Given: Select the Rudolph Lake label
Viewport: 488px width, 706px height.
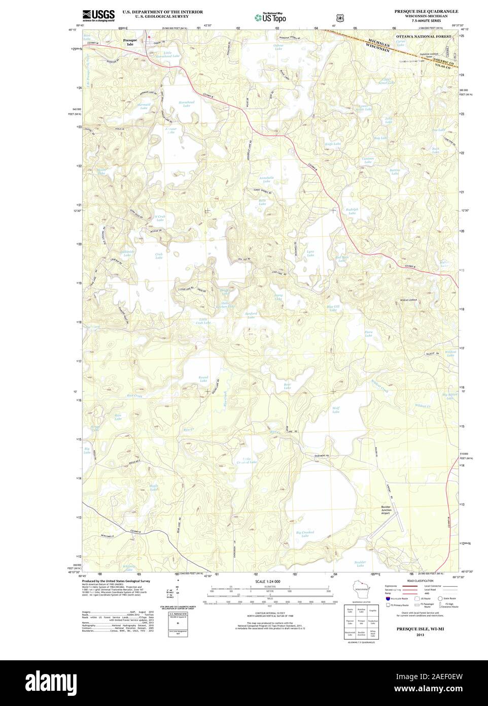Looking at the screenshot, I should pyautogui.click(x=352, y=211).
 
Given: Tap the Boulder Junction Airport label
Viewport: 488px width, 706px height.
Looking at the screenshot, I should pyautogui.click(x=390, y=510).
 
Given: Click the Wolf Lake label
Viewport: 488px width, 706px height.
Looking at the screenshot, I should pyautogui.click(x=336, y=409).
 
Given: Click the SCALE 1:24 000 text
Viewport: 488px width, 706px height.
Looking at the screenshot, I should pyautogui.click(x=267, y=581).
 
